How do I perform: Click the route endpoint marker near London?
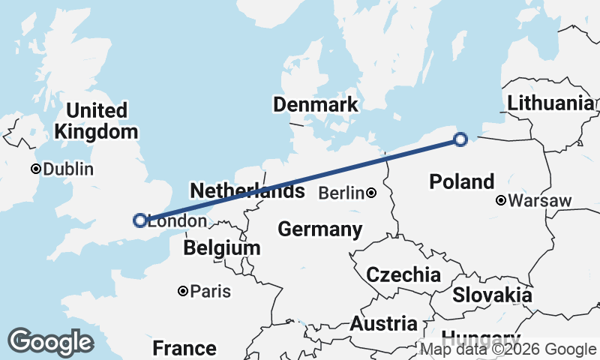(x=139, y=220)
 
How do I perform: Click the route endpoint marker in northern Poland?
(x=461, y=139)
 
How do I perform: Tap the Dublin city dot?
(x=35, y=169)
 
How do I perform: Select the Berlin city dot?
(x=372, y=193)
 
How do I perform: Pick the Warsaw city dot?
(x=501, y=200)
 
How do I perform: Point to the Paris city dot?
(x=182, y=291)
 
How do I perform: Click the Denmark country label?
(x=315, y=104)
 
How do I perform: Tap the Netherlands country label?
(x=247, y=190)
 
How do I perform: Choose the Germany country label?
(x=320, y=229)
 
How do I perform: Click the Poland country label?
(x=462, y=181)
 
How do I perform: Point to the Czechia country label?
(x=403, y=274)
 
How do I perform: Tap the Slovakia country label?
(x=492, y=295)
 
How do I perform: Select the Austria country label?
(x=383, y=324)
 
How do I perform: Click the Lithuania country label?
(x=550, y=103)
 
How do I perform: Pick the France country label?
(x=184, y=348)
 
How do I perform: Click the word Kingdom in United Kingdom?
(x=97, y=132)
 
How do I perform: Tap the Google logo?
(x=50, y=342)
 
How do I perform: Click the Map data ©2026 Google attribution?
(x=508, y=349)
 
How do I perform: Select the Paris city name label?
(x=211, y=291)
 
